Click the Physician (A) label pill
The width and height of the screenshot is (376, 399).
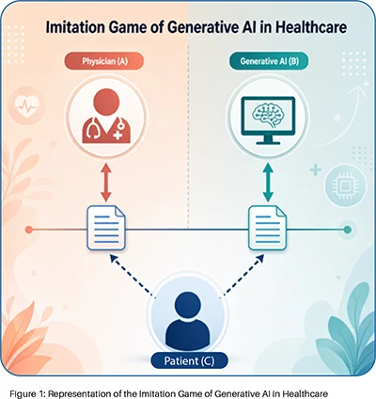tap(104, 61)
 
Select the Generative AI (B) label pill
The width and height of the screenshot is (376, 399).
tap(269, 61)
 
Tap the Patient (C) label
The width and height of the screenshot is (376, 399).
tap(189, 360)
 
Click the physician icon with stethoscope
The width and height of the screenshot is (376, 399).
tap(106, 116)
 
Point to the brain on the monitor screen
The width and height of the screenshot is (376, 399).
tap(269, 115)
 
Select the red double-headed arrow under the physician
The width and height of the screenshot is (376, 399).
tap(106, 182)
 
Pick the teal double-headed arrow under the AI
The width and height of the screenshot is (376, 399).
tap(268, 182)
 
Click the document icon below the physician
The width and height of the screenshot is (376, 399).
tap(106, 228)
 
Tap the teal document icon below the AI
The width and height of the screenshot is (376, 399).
tap(268, 228)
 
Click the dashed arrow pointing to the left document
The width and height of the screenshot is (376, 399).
tap(131, 275)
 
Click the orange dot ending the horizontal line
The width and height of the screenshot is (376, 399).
tap(29, 230)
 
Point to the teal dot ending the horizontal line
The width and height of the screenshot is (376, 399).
tap(347, 230)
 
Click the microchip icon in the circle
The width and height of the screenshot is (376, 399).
tap(345, 186)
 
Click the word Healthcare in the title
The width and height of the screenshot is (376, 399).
tap(311, 27)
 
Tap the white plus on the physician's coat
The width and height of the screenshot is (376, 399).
tap(117, 136)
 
